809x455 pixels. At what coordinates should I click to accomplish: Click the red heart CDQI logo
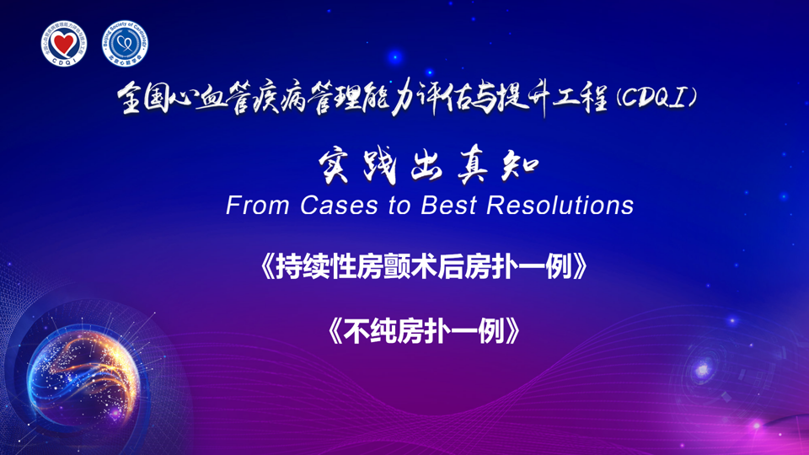tap(64, 44)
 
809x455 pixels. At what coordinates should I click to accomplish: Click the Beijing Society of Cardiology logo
tap(125, 44)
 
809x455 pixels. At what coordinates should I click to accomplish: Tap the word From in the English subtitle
tap(257, 206)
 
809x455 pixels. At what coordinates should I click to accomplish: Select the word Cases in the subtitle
tap(339, 206)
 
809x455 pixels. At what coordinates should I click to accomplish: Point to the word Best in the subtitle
tap(448, 206)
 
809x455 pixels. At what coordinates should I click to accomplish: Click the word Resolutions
tap(560, 206)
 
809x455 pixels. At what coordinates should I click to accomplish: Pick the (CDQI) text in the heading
tap(656, 98)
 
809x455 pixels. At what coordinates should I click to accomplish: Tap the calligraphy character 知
tap(520, 167)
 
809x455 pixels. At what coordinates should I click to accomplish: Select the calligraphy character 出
tap(426, 168)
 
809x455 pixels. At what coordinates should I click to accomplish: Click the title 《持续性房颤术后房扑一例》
tap(424, 267)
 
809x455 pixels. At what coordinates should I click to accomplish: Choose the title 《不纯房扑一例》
tap(424, 330)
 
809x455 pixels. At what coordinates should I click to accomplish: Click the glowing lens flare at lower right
tap(703, 369)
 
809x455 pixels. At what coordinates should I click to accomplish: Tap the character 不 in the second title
tap(356, 330)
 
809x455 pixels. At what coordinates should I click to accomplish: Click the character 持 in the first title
tap(289, 267)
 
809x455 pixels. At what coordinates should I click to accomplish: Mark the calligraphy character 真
tap(473, 168)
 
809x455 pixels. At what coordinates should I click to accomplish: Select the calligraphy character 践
tap(380, 168)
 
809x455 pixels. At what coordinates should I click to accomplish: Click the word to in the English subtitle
tap(399, 206)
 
